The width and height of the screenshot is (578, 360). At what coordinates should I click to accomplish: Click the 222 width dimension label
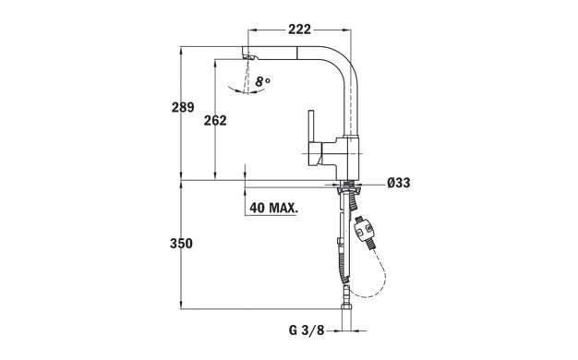pos(299,30)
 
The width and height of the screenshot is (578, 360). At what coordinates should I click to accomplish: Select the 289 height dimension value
pos(183,107)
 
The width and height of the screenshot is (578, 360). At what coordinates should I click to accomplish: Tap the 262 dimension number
pos(215,121)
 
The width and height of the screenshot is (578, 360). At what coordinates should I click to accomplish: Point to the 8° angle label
pos(263,81)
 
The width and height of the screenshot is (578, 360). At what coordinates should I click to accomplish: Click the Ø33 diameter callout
pos(399,183)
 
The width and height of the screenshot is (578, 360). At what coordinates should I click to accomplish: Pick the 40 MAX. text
pos(273,208)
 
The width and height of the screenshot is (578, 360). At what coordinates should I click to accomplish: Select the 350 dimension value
pos(181,244)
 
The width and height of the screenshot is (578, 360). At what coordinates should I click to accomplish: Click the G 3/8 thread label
pos(307,330)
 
